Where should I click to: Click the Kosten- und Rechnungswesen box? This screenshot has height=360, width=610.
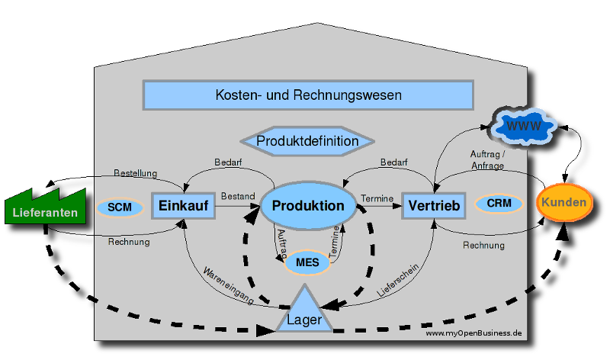coord(308,95)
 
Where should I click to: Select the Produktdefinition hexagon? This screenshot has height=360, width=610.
coord(307,141)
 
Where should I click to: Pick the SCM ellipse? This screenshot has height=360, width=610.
coord(120,207)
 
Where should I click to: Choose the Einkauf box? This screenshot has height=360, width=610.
coord(184,206)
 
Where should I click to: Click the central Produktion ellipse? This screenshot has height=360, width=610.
coord(308,207)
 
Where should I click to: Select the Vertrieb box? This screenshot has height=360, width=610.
coord(432,206)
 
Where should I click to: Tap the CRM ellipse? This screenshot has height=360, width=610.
coord(499,204)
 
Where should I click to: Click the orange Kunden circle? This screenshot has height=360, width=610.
coord(564,203)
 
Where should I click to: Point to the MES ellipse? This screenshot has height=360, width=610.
coord(307,262)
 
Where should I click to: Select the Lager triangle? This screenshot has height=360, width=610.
coord(304,313)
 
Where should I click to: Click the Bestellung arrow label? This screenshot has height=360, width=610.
coord(135,173)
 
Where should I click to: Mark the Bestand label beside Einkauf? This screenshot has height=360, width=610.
coord(238,197)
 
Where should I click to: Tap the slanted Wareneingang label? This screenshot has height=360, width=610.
coord(228,284)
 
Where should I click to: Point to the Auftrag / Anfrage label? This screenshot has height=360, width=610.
coord(486,159)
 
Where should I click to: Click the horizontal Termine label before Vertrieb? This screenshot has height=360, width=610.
coord(377,198)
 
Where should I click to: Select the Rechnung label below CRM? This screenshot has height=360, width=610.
coord(483,246)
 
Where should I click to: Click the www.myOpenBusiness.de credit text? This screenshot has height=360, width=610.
coord(473,333)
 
